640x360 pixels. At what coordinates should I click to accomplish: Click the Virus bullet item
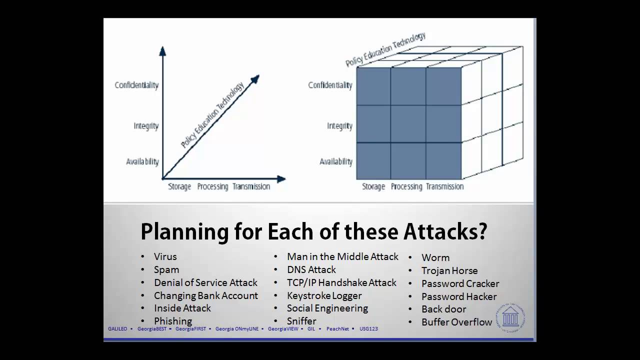(x=165, y=256)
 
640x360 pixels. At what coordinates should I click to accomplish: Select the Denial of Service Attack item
(x=205, y=282)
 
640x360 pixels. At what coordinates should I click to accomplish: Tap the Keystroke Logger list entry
(x=324, y=295)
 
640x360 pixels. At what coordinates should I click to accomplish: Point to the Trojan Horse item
(x=449, y=270)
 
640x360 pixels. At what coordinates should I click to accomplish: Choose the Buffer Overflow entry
(x=456, y=322)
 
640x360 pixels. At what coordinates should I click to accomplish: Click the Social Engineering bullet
(x=327, y=308)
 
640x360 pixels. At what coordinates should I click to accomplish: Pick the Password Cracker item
(x=460, y=283)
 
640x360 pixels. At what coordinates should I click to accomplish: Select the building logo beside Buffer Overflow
(x=510, y=316)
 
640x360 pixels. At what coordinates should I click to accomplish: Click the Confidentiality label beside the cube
(x=330, y=85)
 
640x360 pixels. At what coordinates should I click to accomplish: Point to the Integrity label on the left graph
(x=146, y=126)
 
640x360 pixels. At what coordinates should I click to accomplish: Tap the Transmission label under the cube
(x=444, y=186)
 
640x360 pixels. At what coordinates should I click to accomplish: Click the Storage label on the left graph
(x=179, y=186)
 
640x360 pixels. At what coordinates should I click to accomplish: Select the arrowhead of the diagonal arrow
(x=255, y=79)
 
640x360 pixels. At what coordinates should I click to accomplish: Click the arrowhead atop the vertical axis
(x=162, y=50)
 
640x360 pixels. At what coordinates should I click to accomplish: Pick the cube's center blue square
(x=408, y=123)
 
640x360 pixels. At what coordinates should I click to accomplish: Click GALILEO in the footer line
(x=117, y=329)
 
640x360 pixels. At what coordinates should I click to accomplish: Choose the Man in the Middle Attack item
(x=342, y=256)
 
